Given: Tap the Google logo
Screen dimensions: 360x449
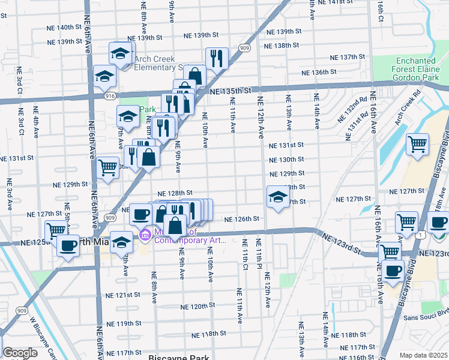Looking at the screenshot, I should (20, 353).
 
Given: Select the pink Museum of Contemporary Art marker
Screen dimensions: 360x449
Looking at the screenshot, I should (145, 234).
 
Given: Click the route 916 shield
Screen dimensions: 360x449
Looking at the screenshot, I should (110, 96).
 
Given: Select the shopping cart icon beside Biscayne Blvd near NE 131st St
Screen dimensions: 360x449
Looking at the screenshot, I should (417, 144).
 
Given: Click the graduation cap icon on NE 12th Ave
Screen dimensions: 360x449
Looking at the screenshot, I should (278, 197).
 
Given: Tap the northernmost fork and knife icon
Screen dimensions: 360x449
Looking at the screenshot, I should (215, 58).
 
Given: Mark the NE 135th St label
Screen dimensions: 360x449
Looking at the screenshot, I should (231, 91).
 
